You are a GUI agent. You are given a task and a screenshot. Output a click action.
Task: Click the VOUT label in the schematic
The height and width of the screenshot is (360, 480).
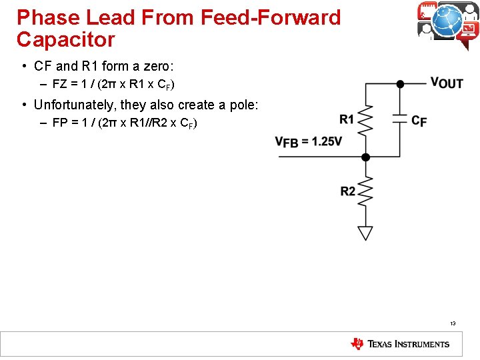(x=447, y=83)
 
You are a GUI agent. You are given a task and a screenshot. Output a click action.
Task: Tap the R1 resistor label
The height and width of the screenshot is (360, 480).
(x=347, y=119)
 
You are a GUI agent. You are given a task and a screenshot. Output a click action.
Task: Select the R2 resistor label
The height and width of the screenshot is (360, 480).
(x=348, y=191)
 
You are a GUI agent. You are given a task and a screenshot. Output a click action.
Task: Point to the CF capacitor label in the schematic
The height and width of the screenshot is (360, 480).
(x=419, y=121)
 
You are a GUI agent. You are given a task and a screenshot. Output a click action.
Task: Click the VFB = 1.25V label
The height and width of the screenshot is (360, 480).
(x=308, y=141)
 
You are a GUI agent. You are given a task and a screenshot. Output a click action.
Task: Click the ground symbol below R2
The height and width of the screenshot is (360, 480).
(x=365, y=233)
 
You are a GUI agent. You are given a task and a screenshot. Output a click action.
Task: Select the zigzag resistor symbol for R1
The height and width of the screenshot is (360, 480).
(x=365, y=120)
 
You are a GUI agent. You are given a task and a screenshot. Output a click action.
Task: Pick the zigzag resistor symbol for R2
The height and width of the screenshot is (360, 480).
(x=365, y=192)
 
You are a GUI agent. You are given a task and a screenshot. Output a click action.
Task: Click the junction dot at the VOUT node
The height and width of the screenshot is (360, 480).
(x=400, y=84)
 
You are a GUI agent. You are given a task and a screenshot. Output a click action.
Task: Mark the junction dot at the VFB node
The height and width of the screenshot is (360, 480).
(x=365, y=157)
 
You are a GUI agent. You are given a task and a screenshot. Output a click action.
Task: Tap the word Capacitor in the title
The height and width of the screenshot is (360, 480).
(x=66, y=39)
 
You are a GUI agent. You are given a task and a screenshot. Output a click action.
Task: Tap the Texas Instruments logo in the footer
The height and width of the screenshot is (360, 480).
(x=400, y=344)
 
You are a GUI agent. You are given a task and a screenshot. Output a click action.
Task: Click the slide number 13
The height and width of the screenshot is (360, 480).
(x=453, y=324)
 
